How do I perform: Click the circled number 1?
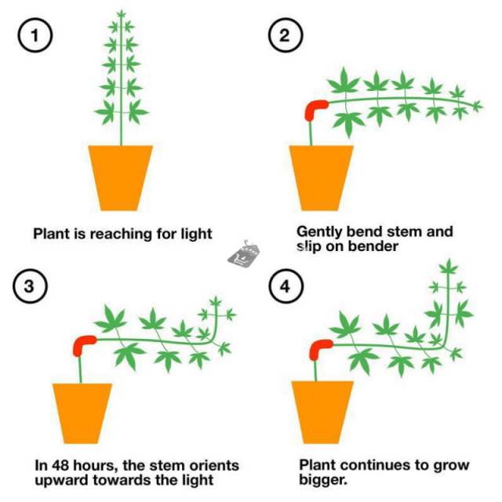tap(35, 35)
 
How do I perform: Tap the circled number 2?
tap(285, 35)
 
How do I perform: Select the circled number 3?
tap(30, 286)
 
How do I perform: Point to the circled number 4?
tap(285, 286)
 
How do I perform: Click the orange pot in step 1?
tap(121, 178)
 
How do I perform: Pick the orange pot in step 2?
tap(321, 178)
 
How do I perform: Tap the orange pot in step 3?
tap(82, 413)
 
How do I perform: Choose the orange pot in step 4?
tap(322, 413)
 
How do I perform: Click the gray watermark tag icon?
tap(244, 253)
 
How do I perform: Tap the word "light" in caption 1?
tap(197, 234)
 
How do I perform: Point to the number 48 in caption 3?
tap(60, 465)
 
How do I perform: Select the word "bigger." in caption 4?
tap(323, 480)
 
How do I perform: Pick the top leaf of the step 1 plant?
tap(121, 13)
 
